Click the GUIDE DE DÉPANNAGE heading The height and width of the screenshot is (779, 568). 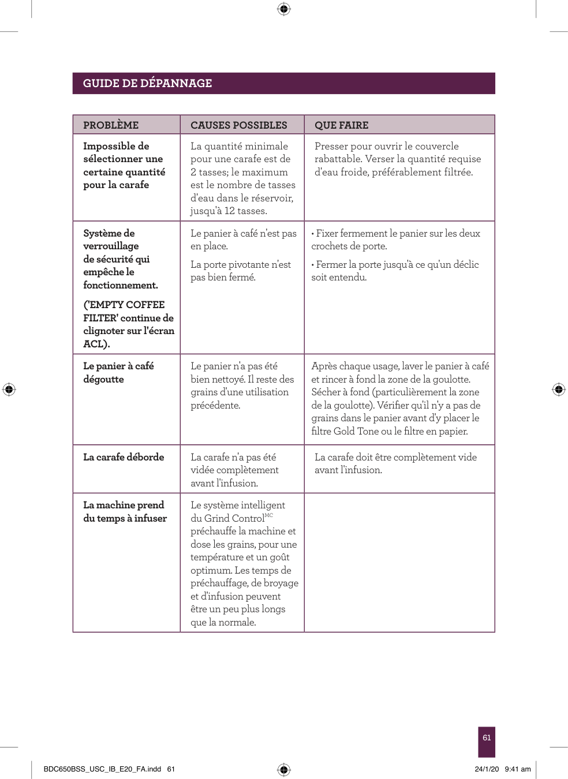147,83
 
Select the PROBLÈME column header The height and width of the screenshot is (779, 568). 111,125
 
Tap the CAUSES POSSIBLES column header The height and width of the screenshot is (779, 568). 238,125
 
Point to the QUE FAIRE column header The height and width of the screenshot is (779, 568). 341,125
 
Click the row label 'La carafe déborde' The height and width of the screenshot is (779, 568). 124,457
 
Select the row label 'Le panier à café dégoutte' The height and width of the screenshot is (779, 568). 118,372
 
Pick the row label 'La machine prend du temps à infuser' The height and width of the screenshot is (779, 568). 125,511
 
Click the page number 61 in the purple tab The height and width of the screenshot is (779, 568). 487,737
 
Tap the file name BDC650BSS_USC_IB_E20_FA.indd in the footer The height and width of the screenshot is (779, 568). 102,769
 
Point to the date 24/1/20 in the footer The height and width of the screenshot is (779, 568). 487,769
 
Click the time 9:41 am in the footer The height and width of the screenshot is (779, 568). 518,769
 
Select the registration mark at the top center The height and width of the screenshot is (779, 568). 283,9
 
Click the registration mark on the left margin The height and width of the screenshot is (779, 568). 9,389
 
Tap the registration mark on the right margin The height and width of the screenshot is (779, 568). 559,389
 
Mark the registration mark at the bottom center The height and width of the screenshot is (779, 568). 283,769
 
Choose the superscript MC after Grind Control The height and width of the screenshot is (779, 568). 268,515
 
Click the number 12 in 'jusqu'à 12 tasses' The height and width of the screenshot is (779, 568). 229,211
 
